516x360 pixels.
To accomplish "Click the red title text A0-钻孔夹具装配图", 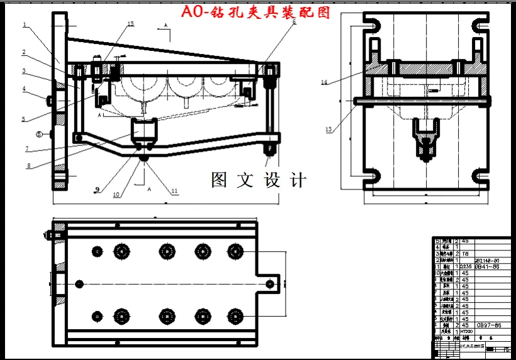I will (x=255, y=12).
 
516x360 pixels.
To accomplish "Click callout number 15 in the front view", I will (x=130, y=24).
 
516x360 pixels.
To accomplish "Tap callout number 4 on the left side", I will (x=24, y=89).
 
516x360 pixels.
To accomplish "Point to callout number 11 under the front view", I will (x=174, y=191).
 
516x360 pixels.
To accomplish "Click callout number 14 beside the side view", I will (x=325, y=82).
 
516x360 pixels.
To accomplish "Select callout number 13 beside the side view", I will (x=328, y=130).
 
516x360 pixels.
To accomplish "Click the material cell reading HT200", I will (x=466, y=331).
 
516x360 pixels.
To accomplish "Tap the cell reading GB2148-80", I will (x=488, y=259).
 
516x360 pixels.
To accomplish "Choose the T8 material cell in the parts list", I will (x=466, y=253).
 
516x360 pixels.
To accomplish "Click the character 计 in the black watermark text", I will (x=298, y=180).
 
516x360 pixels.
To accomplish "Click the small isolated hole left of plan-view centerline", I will (x=79, y=283).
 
